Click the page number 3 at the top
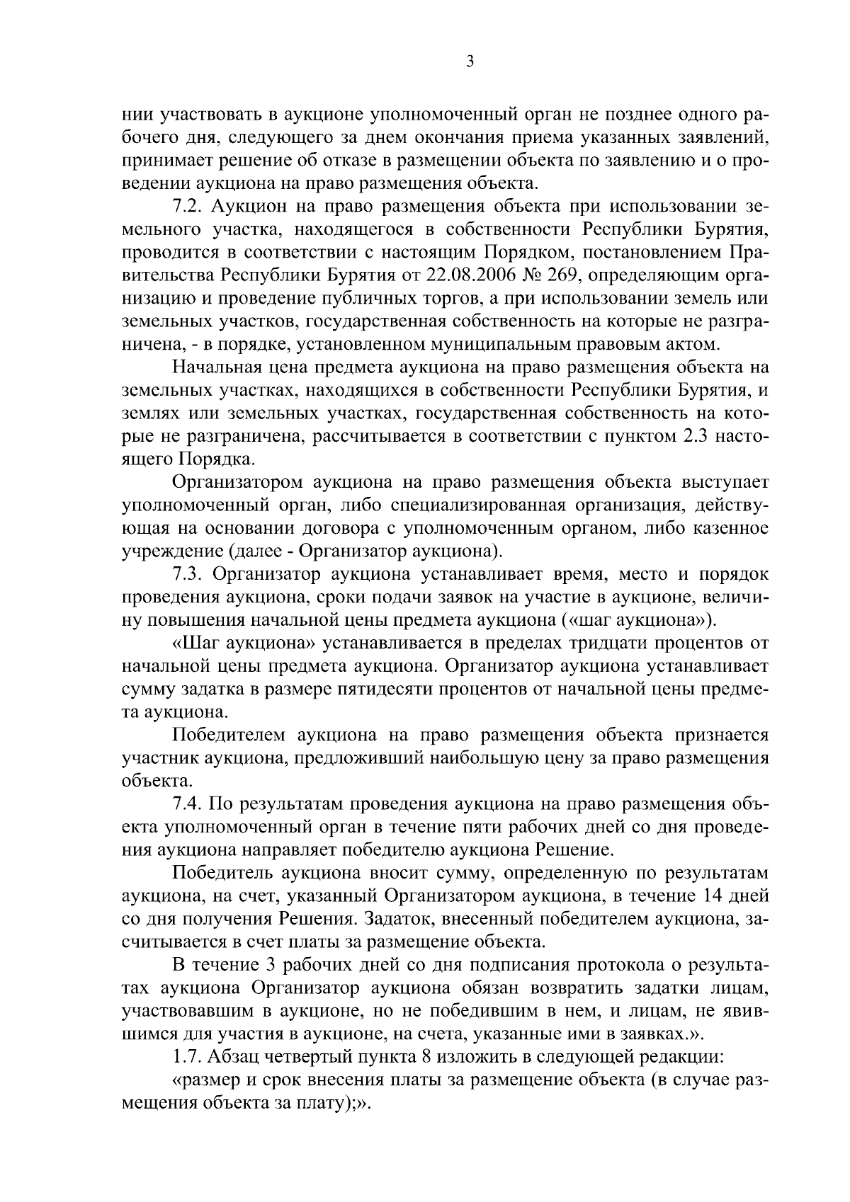(470, 62)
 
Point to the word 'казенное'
(734, 529)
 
